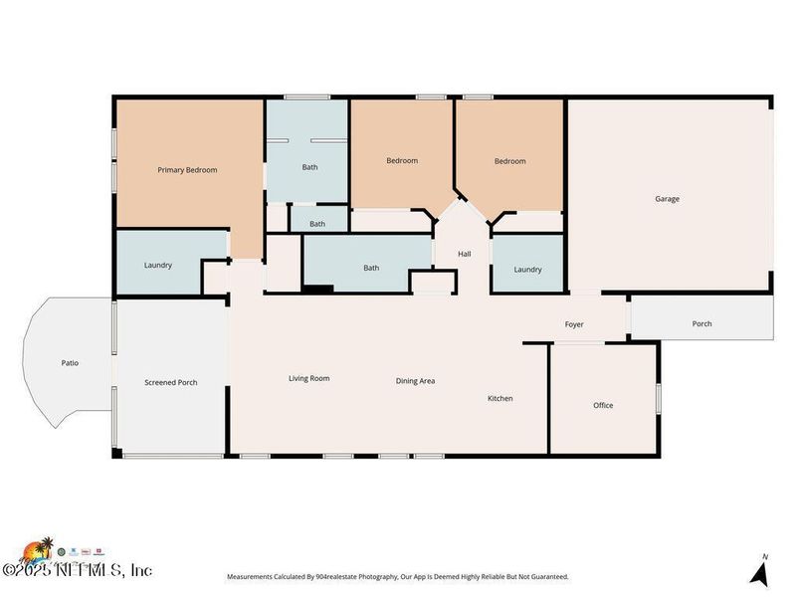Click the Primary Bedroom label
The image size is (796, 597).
[x=187, y=170]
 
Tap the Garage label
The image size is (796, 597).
[x=667, y=199]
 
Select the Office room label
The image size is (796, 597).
[x=603, y=405]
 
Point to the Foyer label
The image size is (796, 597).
[x=574, y=324]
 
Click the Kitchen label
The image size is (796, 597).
[x=499, y=398]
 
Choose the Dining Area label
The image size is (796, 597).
[x=415, y=381]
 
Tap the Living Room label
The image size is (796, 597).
[x=308, y=378]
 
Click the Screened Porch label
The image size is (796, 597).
[x=171, y=382]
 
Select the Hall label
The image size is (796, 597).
[x=464, y=255]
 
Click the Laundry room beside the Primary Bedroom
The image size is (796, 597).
[x=158, y=265]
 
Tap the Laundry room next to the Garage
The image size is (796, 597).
[x=527, y=270]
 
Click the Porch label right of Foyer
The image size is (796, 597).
[x=701, y=323]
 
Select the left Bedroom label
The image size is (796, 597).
[x=402, y=160]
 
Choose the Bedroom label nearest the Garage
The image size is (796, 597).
[x=509, y=161]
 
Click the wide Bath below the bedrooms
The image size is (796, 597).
[x=371, y=268]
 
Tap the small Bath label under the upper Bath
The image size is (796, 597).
[x=317, y=224]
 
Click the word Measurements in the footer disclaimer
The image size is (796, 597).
[x=254, y=577]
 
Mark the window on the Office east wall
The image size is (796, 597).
[x=658, y=397]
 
